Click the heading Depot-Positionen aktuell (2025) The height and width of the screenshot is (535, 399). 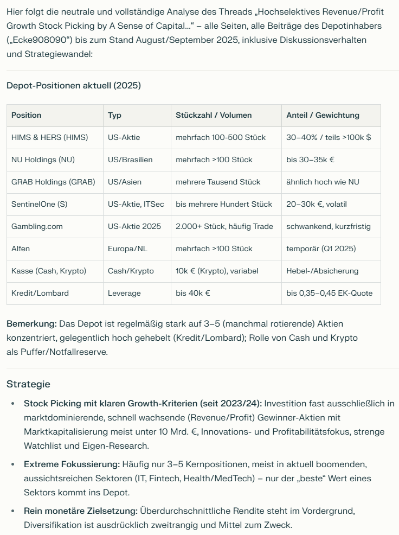[x=74, y=86]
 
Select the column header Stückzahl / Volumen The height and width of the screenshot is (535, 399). [x=214, y=115]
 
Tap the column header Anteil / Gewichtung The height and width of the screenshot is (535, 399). [x=323, y=115]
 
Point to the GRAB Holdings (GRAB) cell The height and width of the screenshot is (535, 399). [x=53, y=182]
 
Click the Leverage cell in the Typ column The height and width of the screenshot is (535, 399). [x=124, y=293]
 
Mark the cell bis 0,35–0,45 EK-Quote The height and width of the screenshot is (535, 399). [x=330, y=293]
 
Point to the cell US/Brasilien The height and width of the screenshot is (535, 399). [x=130, y=160]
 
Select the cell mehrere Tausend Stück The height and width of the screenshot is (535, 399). [x=218, y=182]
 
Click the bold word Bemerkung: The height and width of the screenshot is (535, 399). [x=31, y=323]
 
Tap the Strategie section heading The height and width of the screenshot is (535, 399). [x=28, y=384]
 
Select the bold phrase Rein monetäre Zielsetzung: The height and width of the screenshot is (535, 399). [x=81, y=511]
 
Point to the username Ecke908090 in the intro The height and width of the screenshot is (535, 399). [x=38, y=40]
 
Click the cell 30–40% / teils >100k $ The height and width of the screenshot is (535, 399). [x=329, y=137]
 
